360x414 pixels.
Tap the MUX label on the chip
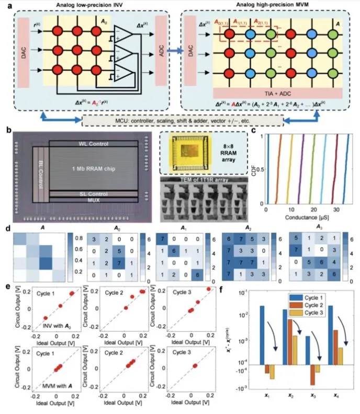coord(94,199)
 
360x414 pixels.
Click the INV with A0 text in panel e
coord(52,327)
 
